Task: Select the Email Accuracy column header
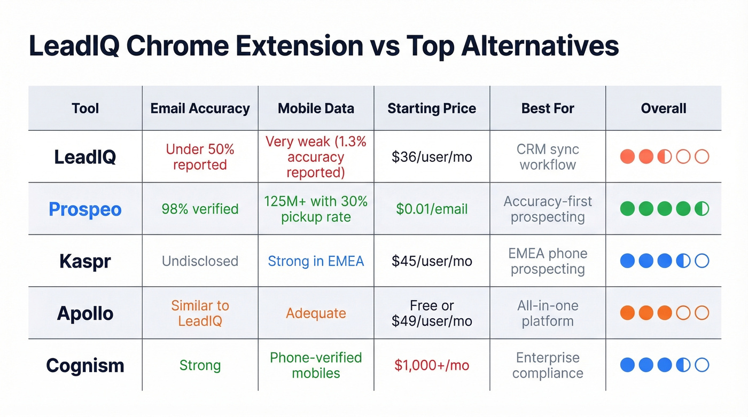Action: [200, 108]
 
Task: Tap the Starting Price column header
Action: [432, 108]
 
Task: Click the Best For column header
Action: [548, 108]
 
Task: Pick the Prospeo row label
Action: [85, 209]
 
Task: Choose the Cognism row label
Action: [85, 366]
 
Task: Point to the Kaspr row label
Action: [85, 261]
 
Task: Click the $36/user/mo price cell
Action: [432, 157]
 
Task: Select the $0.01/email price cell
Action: [432, 209]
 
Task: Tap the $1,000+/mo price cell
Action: [432, 366]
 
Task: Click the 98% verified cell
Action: [200, 209]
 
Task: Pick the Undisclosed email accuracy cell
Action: [200, 261]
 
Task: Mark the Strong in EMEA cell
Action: [316, 261]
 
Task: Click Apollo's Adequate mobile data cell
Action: [316, 313]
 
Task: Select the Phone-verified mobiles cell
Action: [316, 365]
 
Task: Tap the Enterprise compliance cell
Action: [548, 365]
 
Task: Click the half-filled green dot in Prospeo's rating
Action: [702, 209]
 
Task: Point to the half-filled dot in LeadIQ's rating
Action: [665, 157]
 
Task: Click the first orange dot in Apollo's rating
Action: [628, 313]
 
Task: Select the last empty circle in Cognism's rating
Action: [702, 365]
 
